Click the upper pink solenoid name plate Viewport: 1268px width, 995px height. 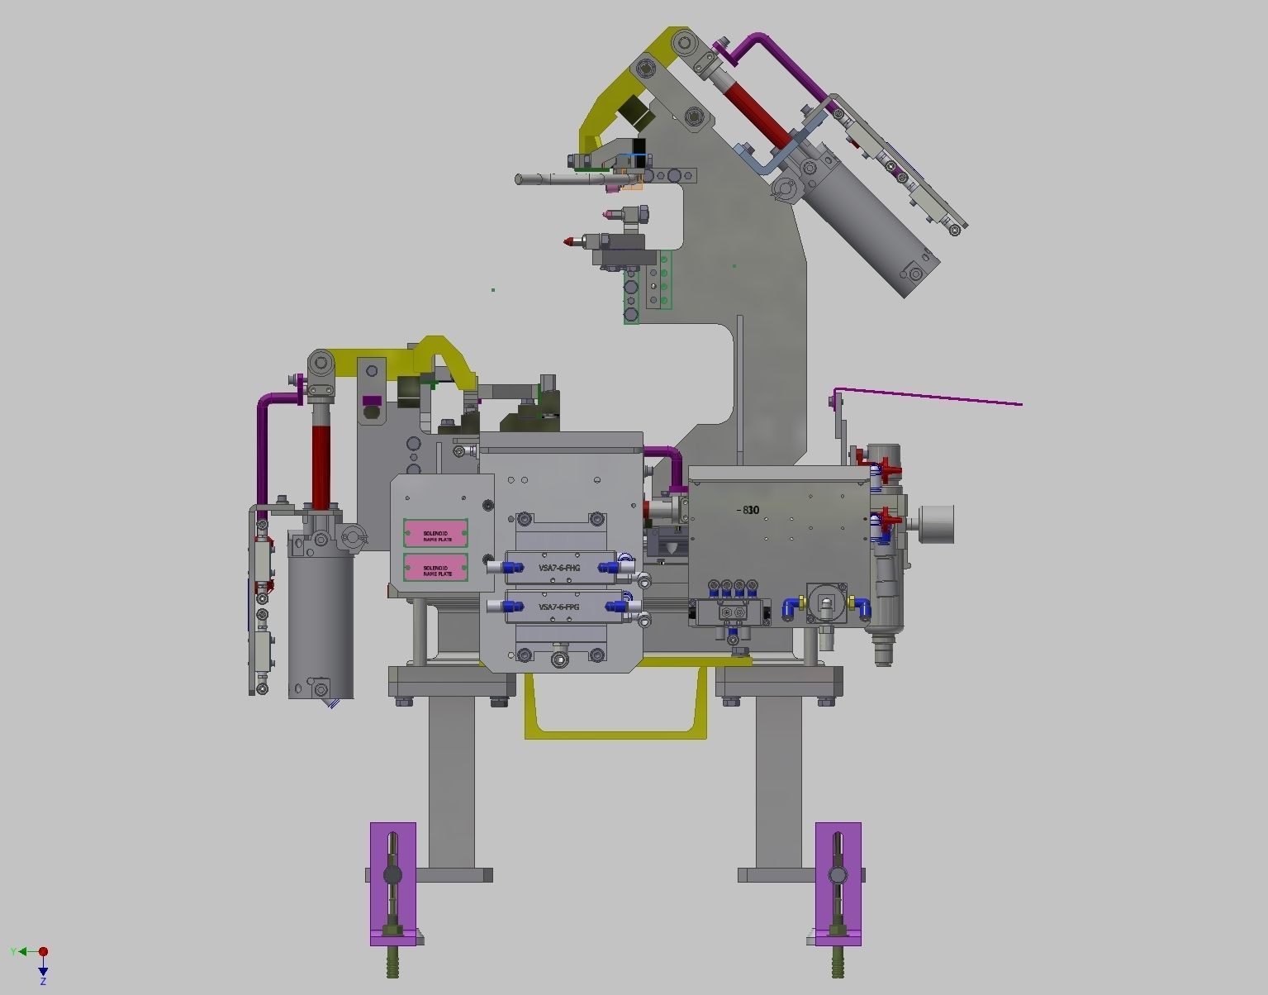tap(435, 533)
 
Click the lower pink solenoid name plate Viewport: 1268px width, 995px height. tap(435, 567)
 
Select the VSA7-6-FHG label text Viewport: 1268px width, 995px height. tap(559, 568)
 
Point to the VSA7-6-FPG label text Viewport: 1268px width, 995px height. tap(559, 607)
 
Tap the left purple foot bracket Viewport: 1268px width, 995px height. tap(392, 883)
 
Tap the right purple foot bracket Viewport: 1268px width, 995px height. tap(838, 883)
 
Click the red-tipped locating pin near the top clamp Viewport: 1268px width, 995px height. tap(571, 242)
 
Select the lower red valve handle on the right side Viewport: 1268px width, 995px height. tap(887, 519)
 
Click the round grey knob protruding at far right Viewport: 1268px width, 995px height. tap(936, 525)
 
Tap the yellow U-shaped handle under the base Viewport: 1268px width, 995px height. tap(615, 731)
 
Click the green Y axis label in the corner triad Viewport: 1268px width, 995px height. tap(13, 952)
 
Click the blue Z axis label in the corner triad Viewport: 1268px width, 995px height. tap(43, 981)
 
